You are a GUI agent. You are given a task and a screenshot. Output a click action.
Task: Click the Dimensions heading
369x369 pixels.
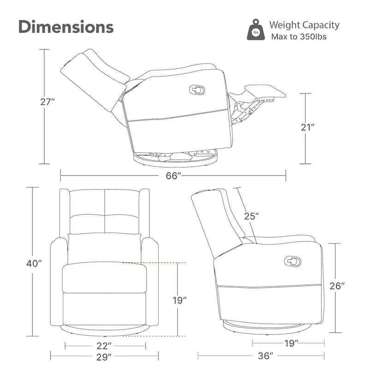66,27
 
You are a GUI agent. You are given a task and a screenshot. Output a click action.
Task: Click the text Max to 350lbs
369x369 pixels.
299,37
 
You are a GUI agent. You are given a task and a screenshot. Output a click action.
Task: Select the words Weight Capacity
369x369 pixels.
304,25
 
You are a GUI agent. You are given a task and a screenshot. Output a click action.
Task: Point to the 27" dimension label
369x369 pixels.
48,102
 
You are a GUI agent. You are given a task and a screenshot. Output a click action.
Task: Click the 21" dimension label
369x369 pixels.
308,127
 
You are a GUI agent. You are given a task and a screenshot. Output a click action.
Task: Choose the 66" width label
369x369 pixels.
173,176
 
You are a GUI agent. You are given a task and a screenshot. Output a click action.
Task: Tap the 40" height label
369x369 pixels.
34,263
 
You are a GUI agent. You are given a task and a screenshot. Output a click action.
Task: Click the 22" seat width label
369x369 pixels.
104,345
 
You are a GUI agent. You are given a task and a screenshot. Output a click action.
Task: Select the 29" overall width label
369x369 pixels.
104,357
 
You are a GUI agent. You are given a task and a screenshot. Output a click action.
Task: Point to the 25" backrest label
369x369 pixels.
251,216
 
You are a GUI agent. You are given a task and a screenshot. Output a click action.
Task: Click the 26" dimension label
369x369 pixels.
337,286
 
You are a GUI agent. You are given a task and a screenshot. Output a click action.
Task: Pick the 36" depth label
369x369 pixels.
266,356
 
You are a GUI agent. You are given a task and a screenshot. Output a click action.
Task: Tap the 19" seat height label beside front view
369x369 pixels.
179,300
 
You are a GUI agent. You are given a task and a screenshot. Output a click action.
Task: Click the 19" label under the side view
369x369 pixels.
291,343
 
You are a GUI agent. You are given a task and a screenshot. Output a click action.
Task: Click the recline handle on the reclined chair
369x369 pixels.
197,90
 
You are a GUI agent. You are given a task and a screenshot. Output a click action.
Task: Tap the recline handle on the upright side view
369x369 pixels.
292,261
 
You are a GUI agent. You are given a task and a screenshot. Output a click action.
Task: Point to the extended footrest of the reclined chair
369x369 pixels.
265,91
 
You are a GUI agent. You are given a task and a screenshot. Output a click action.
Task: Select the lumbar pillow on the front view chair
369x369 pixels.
105,248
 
